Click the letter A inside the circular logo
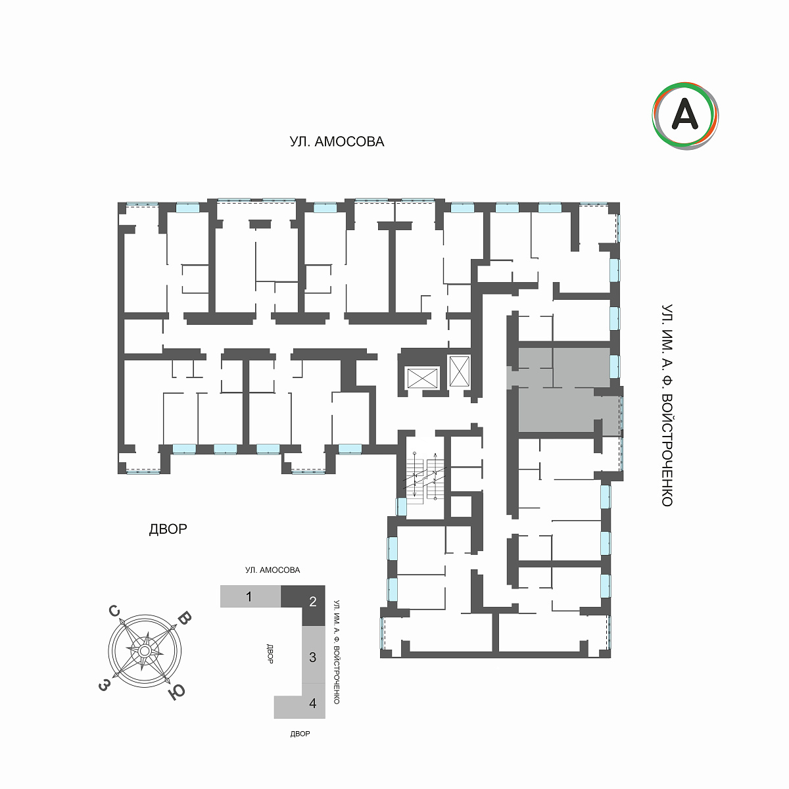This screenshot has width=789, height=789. click(x=685, y=115)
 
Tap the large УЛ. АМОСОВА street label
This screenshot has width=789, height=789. click(x=337, y=141)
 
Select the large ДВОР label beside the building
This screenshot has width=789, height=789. click(x=168, y=529)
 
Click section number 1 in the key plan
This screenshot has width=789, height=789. click(x=249, y=596)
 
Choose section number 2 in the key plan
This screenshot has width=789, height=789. click(x=313, y=602)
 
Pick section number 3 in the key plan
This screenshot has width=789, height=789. click(x=312, y=657)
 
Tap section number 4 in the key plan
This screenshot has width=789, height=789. click(x=313, y=703)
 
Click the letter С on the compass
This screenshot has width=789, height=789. click(x=114, y=611)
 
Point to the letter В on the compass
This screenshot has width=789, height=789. click(x=185, y=618)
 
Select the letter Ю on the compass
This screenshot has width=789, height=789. click(x=177, y=692)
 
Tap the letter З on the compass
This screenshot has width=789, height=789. click(x=104, y=684)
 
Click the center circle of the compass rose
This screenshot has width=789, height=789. click(x=144, y=651)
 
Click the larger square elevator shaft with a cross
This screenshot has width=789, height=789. click(x=423, y=377)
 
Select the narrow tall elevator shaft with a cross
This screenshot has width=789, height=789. click(x=460, y=371)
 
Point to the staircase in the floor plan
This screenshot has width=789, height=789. click(x=425, y=477)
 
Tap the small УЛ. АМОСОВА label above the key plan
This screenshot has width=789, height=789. click(x=273, y=570)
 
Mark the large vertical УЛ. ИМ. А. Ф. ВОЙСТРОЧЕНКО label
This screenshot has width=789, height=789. click(x=667, y=406)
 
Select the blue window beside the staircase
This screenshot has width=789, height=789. click(x=401, y=506)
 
